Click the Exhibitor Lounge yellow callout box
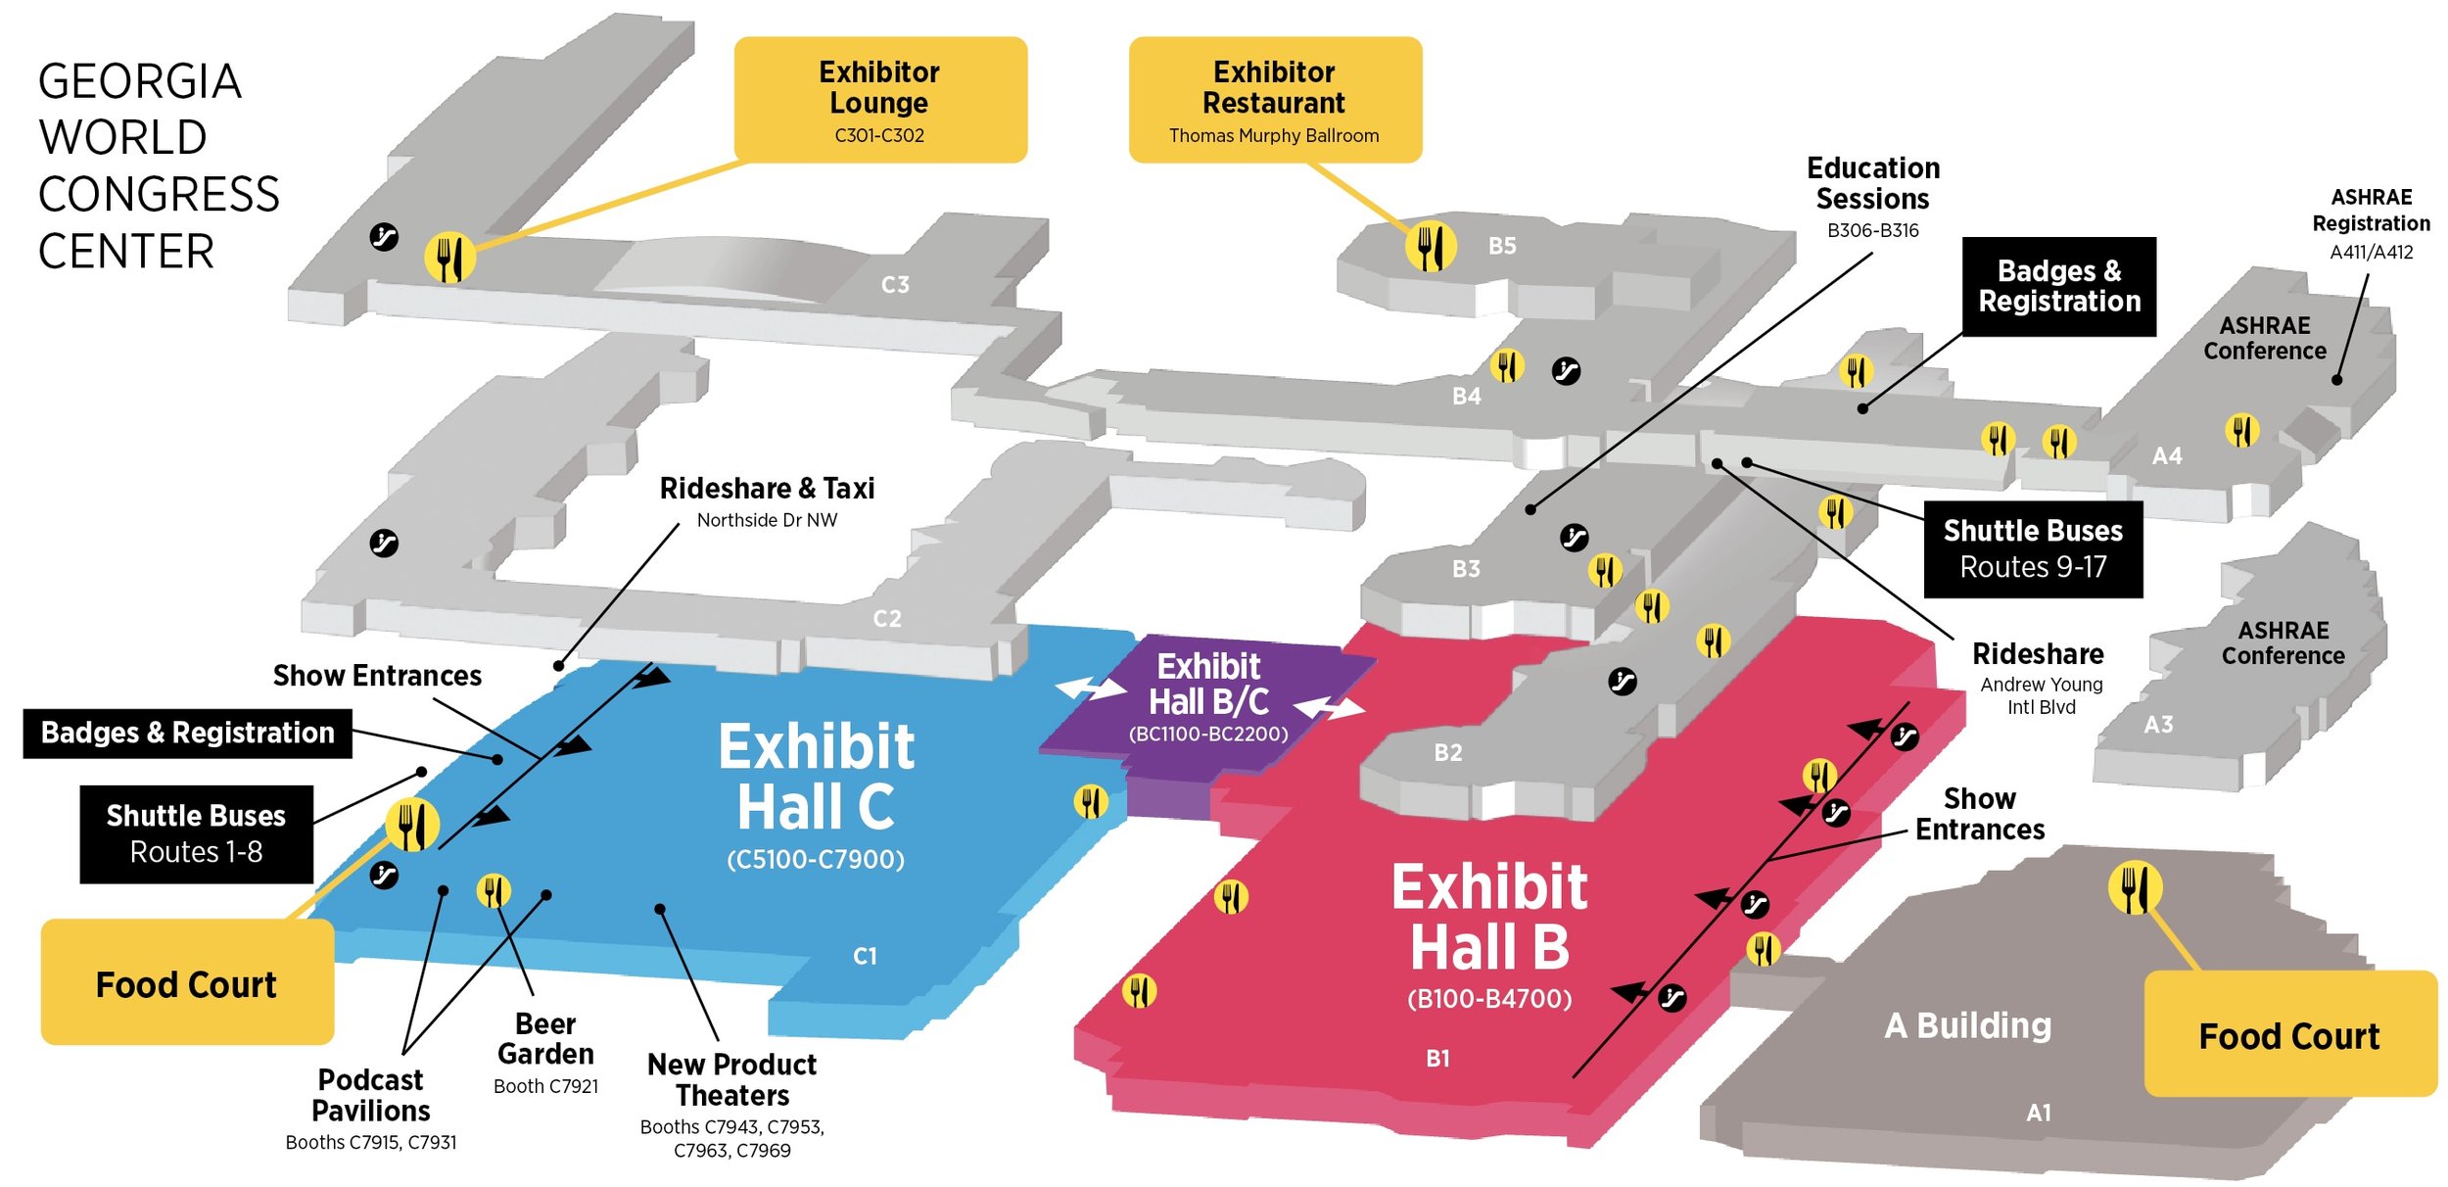[x=879, y=100]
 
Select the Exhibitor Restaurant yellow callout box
[x=1274, y=100]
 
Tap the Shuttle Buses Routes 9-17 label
[x=2033, y=548]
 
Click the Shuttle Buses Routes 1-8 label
[x=196, y=833]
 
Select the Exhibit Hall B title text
[x=1489, y=917]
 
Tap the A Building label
[x=1967, y=1024]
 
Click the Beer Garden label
[x=545, y=1039]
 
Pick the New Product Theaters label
[x=731, y=1079]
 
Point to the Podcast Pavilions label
[x=370, y=1095]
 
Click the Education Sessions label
[x=1872, y=184]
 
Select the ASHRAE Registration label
[x=2371, y=211]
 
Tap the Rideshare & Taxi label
[x=767, y=489]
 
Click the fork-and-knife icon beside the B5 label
[x=1431, y=246]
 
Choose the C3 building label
[x=895, y=285]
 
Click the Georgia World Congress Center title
[x=157, y=166]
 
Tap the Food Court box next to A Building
[x=2288, y=1036]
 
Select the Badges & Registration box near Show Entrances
[x=187, y=733]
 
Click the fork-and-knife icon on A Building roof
[x=2135, y=887]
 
